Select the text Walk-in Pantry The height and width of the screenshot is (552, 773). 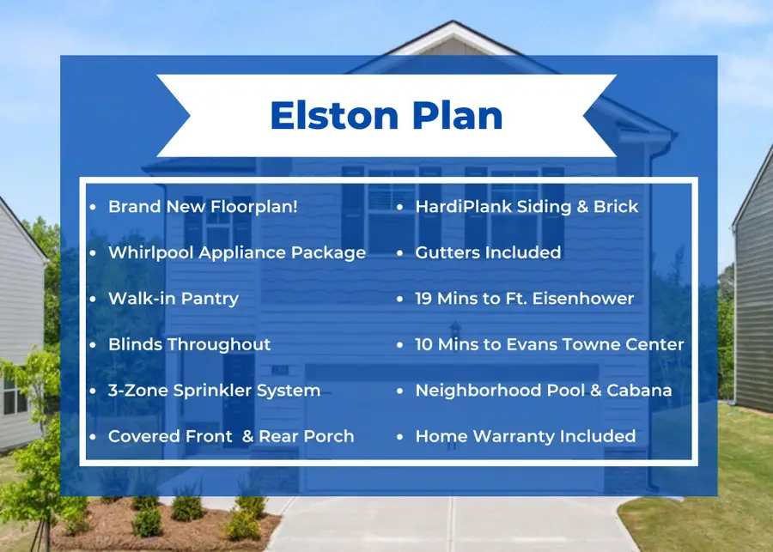[173, 299]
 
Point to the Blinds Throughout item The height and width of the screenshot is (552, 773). [189, 344]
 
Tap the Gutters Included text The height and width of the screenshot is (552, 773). [488, 252]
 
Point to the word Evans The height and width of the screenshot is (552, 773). [539, 344]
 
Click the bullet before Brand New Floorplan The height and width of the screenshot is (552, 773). [93, 208]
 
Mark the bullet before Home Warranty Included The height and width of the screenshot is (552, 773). [400, 437]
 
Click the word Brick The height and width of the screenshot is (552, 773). [616, 207]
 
